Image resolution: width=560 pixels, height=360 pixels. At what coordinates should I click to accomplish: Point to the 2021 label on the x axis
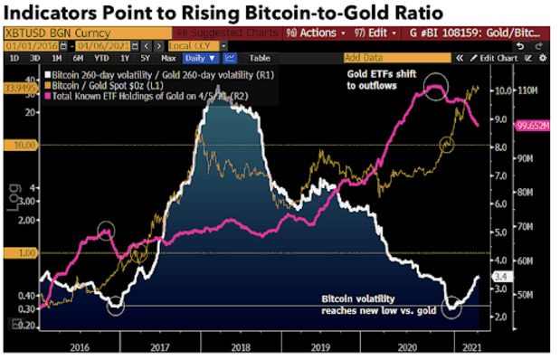click(470, 345)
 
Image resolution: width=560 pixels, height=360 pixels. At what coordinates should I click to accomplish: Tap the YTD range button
click(90, 57)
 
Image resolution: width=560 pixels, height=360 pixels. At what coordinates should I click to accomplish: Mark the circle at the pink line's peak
click(436, 87)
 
